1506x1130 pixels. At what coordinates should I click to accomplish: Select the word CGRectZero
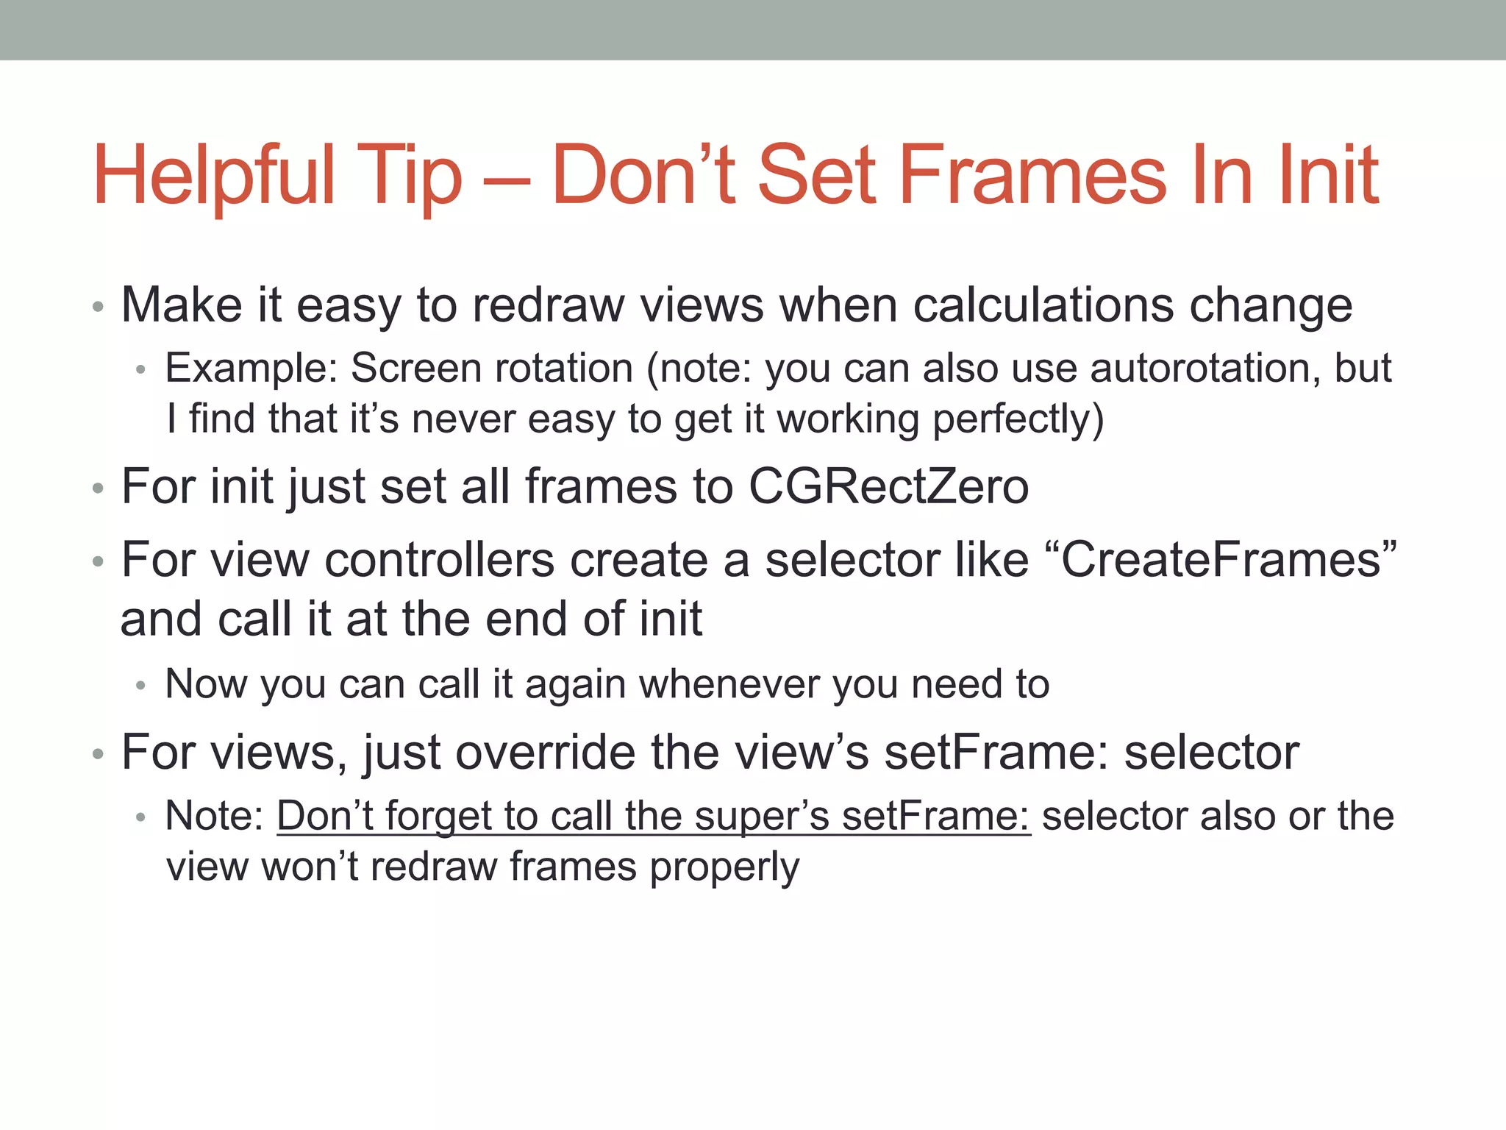[x=888, y=486]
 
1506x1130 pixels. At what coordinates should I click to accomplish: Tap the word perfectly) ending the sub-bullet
[x=1018, y=419]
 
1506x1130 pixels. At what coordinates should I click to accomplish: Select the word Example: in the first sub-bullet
[x=251, y=368]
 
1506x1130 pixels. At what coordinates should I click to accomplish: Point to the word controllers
[x=439, y=560]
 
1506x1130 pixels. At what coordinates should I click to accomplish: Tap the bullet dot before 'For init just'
[x=99, y=488]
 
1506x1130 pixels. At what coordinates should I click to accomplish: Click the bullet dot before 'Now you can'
[x=141, y=686]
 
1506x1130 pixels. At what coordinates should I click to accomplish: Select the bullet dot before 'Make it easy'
[x=99, y=307]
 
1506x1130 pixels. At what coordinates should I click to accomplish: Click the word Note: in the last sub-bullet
[x=214, y=817]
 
